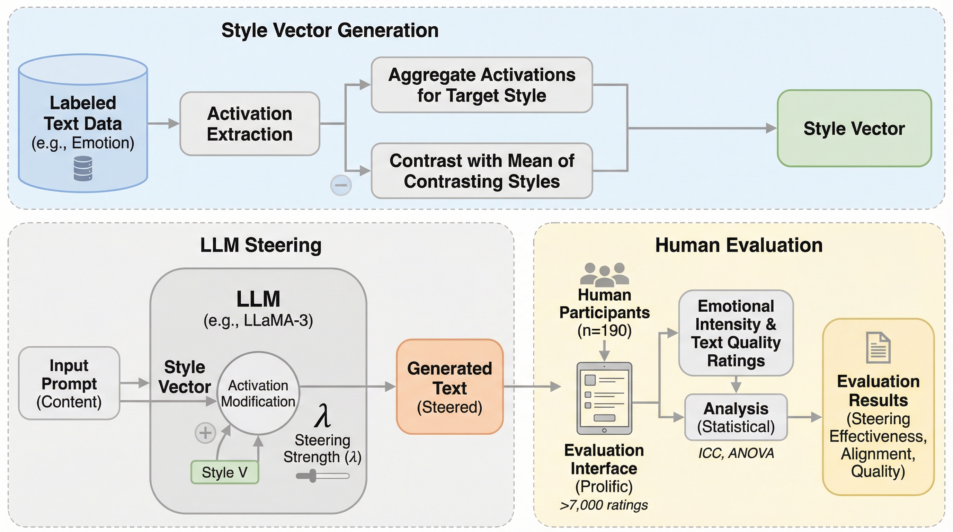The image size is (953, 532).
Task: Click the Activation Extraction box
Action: [x=250, y=124]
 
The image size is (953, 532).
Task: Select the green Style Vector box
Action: [x=854, y=128]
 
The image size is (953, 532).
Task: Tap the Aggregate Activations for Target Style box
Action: [x=482, y=85]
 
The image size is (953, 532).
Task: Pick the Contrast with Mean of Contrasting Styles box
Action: [x=482, y=171]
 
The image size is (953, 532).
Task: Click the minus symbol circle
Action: [x=341, y=185]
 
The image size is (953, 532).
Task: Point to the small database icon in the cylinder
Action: [x=83, y=168]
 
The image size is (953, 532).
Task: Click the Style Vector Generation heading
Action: [x=330, y=30]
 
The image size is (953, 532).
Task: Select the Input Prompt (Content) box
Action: [x=69, y=383]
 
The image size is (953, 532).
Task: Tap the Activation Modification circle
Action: [x=258, y=393]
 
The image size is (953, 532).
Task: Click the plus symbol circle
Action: [x=205, y=433]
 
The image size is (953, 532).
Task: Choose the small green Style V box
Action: [x=224, y=472]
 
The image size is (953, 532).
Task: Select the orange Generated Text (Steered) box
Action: [x=449, y=387]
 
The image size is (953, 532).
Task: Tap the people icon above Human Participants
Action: [x=605, y=275]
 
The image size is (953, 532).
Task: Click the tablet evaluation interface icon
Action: [x=604, y=398]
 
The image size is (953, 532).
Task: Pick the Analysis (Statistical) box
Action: [x=736, y=417]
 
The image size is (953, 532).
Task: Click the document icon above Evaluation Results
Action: [x=878, y=348]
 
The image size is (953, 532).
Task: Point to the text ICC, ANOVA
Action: [x=736, y=453]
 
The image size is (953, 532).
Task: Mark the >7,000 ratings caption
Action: [x=604, y=505]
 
